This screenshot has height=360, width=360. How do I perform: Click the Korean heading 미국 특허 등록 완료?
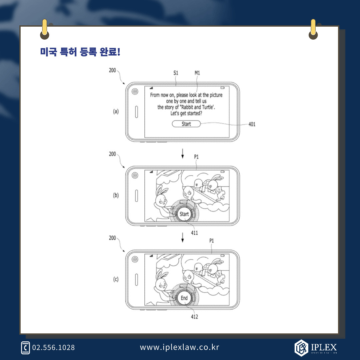click(x=80, y=52)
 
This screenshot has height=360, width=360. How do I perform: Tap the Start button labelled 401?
click(x=186, y=124)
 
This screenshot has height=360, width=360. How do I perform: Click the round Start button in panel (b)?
click(x=184, y=214)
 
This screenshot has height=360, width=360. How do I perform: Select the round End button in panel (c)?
click(x=184, y=298)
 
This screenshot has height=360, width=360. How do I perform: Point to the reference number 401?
click(x=252, y=124)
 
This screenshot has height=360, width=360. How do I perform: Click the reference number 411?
click(x=194, y=233)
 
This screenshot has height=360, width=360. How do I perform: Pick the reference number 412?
click(x=194, y=316)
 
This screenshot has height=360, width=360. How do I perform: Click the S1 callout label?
click(x=176, y=73)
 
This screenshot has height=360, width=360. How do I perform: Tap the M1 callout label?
click(x=197, y=73)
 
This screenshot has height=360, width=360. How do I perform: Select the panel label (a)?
click(x=116, y=112)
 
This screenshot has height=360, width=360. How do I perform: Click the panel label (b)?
click(x=116, y=196)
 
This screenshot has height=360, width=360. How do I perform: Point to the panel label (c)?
click(x=116, y=279)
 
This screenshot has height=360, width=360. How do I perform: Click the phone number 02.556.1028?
click(x=53, y=347)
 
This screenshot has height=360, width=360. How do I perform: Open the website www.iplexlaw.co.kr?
click(x=180, y=347)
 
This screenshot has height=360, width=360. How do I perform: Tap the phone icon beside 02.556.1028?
click(x=25, y=348)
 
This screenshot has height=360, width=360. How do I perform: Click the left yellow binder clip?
click(x=44, y=29)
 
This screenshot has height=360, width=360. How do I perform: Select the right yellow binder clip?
click(x=313, y=29)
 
